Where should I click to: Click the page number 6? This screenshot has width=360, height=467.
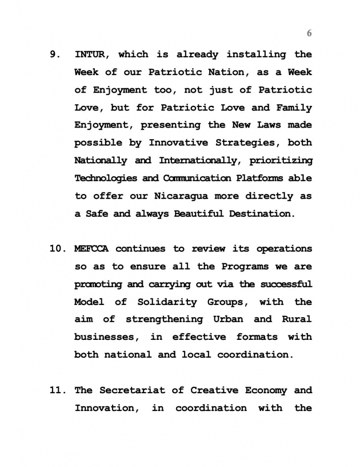[x=309, y=33]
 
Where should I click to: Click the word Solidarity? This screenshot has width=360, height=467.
[x=167, y=302]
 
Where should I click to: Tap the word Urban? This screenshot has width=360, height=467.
[x=228, y=319]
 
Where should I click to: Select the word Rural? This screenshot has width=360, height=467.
[x=297, y=319]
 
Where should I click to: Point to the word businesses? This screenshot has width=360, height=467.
[x=106, y=337]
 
